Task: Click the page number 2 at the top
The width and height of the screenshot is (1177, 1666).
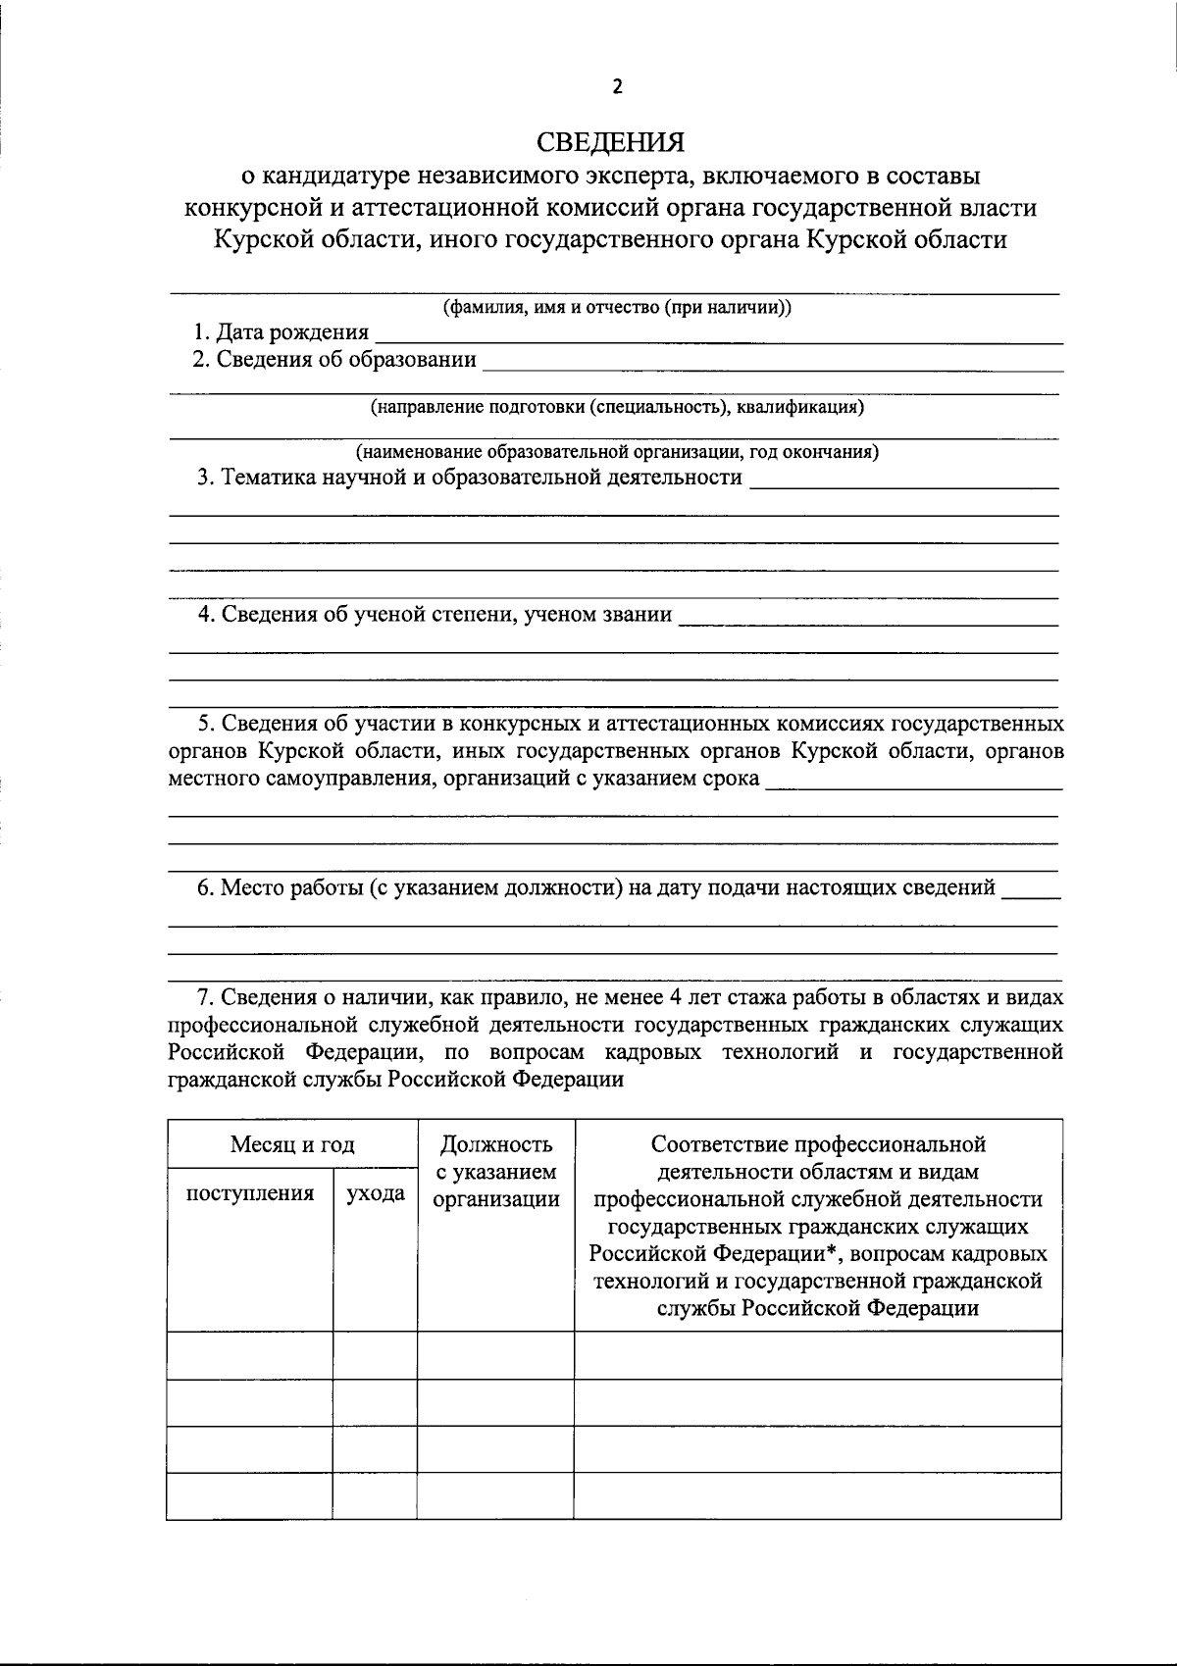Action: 617,86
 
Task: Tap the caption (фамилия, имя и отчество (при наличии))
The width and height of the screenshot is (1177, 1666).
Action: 617,307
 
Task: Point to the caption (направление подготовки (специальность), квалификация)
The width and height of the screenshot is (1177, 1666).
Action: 617,406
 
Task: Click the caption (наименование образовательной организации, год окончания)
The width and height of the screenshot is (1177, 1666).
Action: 617,452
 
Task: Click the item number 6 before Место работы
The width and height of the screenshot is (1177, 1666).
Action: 204,888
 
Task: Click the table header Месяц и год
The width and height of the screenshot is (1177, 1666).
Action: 292,1144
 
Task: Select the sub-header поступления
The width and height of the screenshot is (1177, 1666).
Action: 250,1193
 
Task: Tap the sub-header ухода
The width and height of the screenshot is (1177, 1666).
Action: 375,1193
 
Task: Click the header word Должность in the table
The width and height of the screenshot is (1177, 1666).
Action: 496,1144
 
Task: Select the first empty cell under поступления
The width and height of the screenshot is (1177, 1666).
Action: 250,1355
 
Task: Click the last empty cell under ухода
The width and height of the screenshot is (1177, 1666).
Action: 375,1496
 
